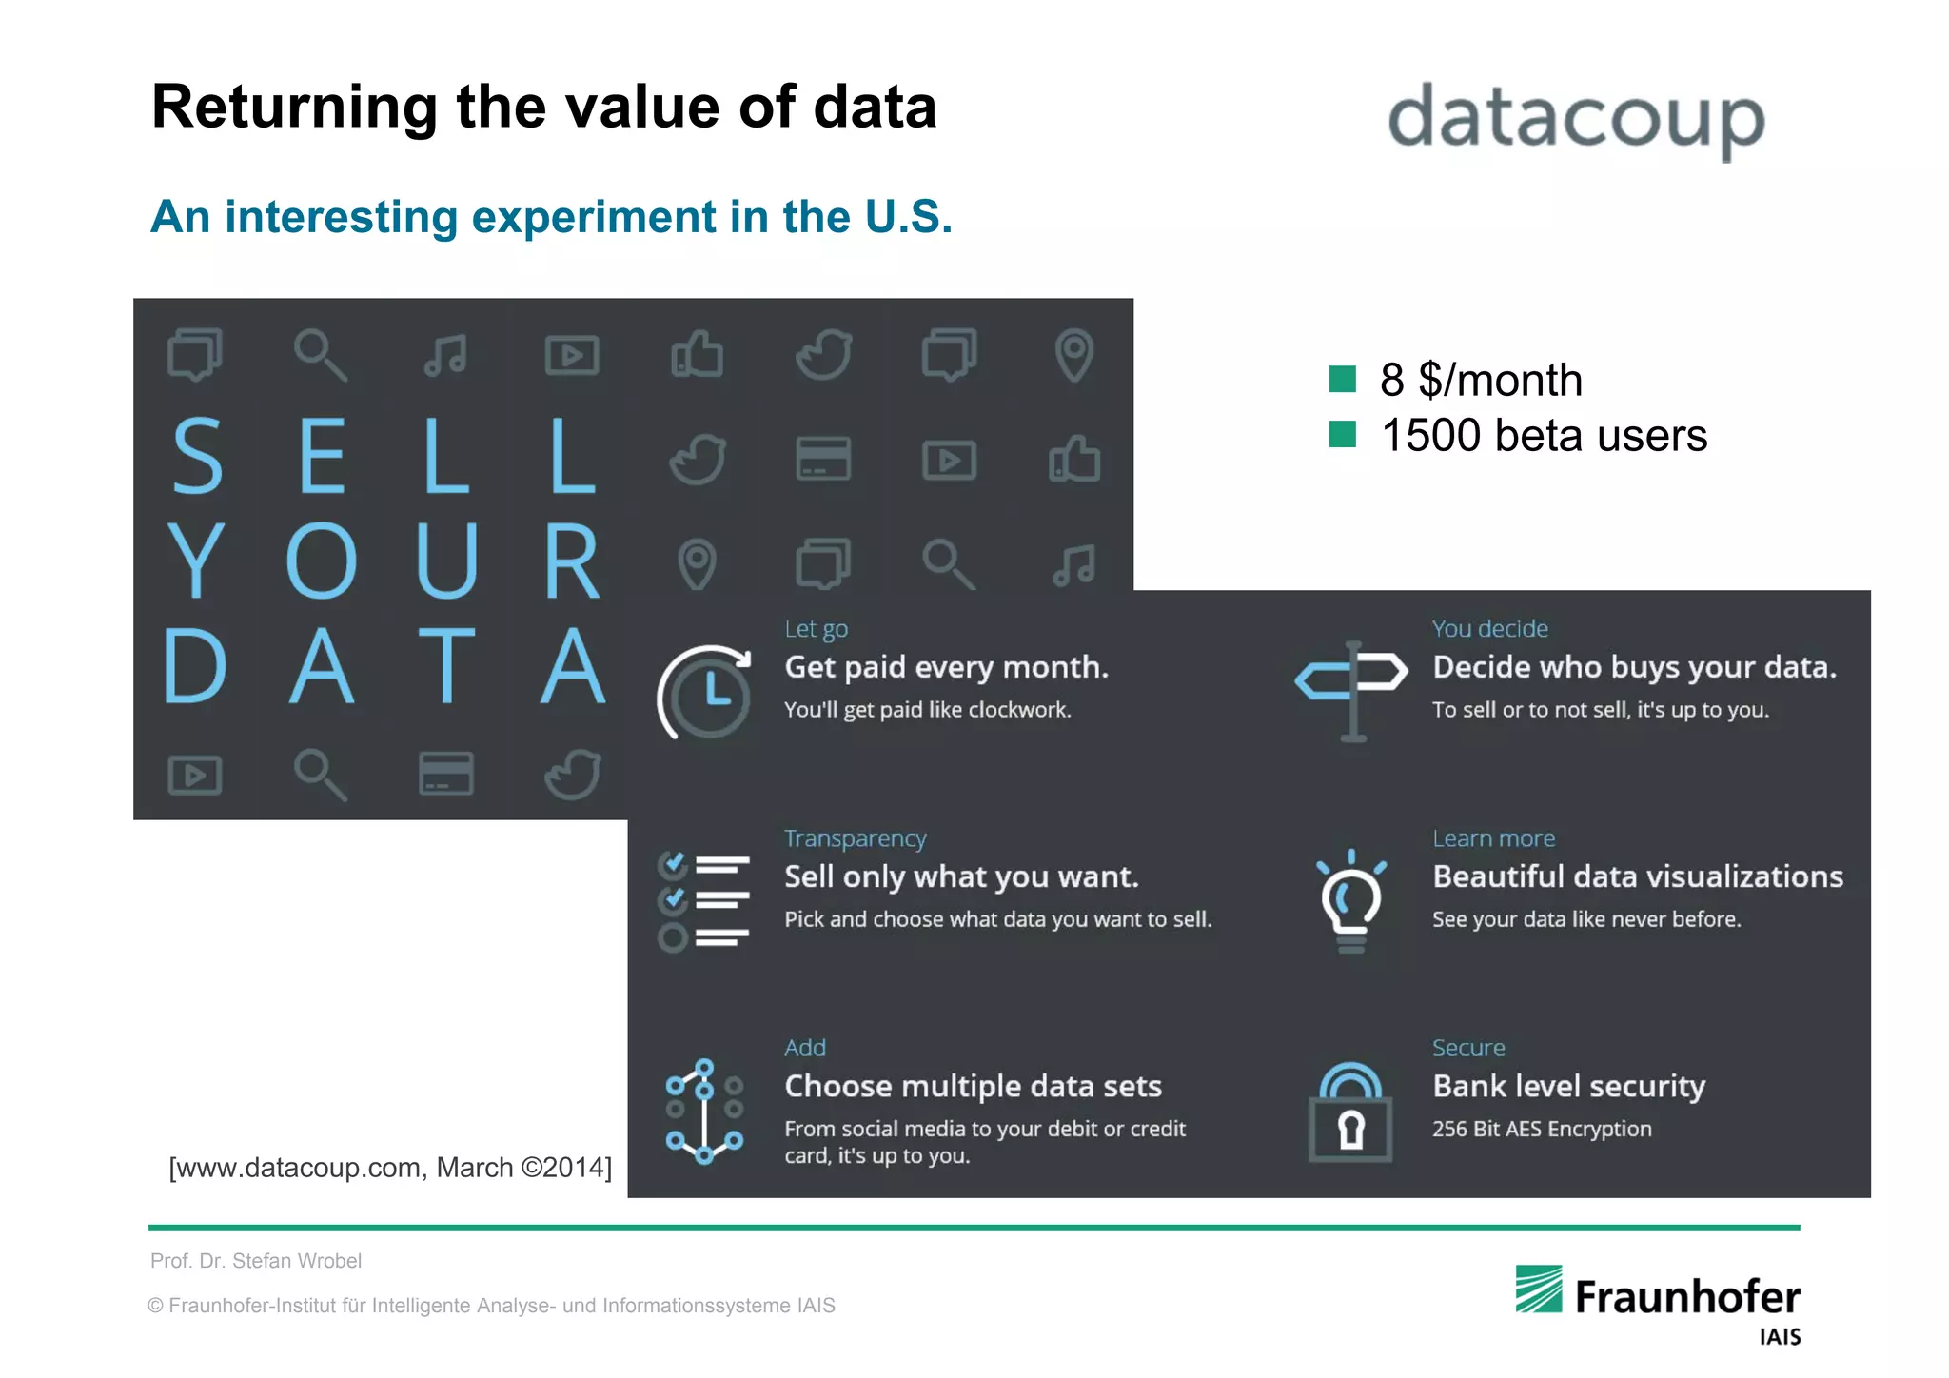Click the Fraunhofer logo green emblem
coord(1539,1289)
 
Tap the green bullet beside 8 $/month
coord(1342,379)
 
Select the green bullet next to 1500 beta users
coord(1342,434)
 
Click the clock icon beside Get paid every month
coord(705,692)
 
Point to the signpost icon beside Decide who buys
coord(1351,690)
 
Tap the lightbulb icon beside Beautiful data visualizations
coord(1351,900)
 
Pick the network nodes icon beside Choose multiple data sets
coord(704,1111)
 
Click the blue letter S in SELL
coord(197,456)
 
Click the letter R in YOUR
coord(572,561)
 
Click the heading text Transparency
coord(855,838)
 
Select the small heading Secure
coord(1468,1048)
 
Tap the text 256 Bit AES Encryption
coord(1542,1129)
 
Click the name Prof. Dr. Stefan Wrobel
coord(256,1261)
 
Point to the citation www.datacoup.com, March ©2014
coord(390,1168)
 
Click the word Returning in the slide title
coord(294,108)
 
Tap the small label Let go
coord(816,629)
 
